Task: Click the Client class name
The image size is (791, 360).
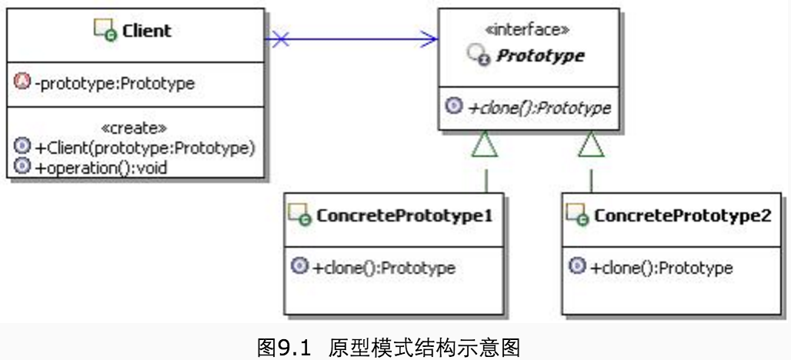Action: click(146, 31)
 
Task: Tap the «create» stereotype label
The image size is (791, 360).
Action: click(135, 128)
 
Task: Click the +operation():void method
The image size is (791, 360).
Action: click(101, 166)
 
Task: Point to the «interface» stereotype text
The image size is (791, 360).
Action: click(528, 30)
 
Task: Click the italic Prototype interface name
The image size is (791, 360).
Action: click(539, 55)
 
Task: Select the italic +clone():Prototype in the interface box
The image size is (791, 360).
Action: click(539, 107)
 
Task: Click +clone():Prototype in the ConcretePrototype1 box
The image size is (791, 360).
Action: click(384, 268)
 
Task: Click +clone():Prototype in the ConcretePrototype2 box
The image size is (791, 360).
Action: click(661, 268)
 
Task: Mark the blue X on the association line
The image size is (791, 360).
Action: click(281, 38)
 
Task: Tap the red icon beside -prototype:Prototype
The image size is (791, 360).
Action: click(22, 82)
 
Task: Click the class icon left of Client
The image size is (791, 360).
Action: click(105, 31)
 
